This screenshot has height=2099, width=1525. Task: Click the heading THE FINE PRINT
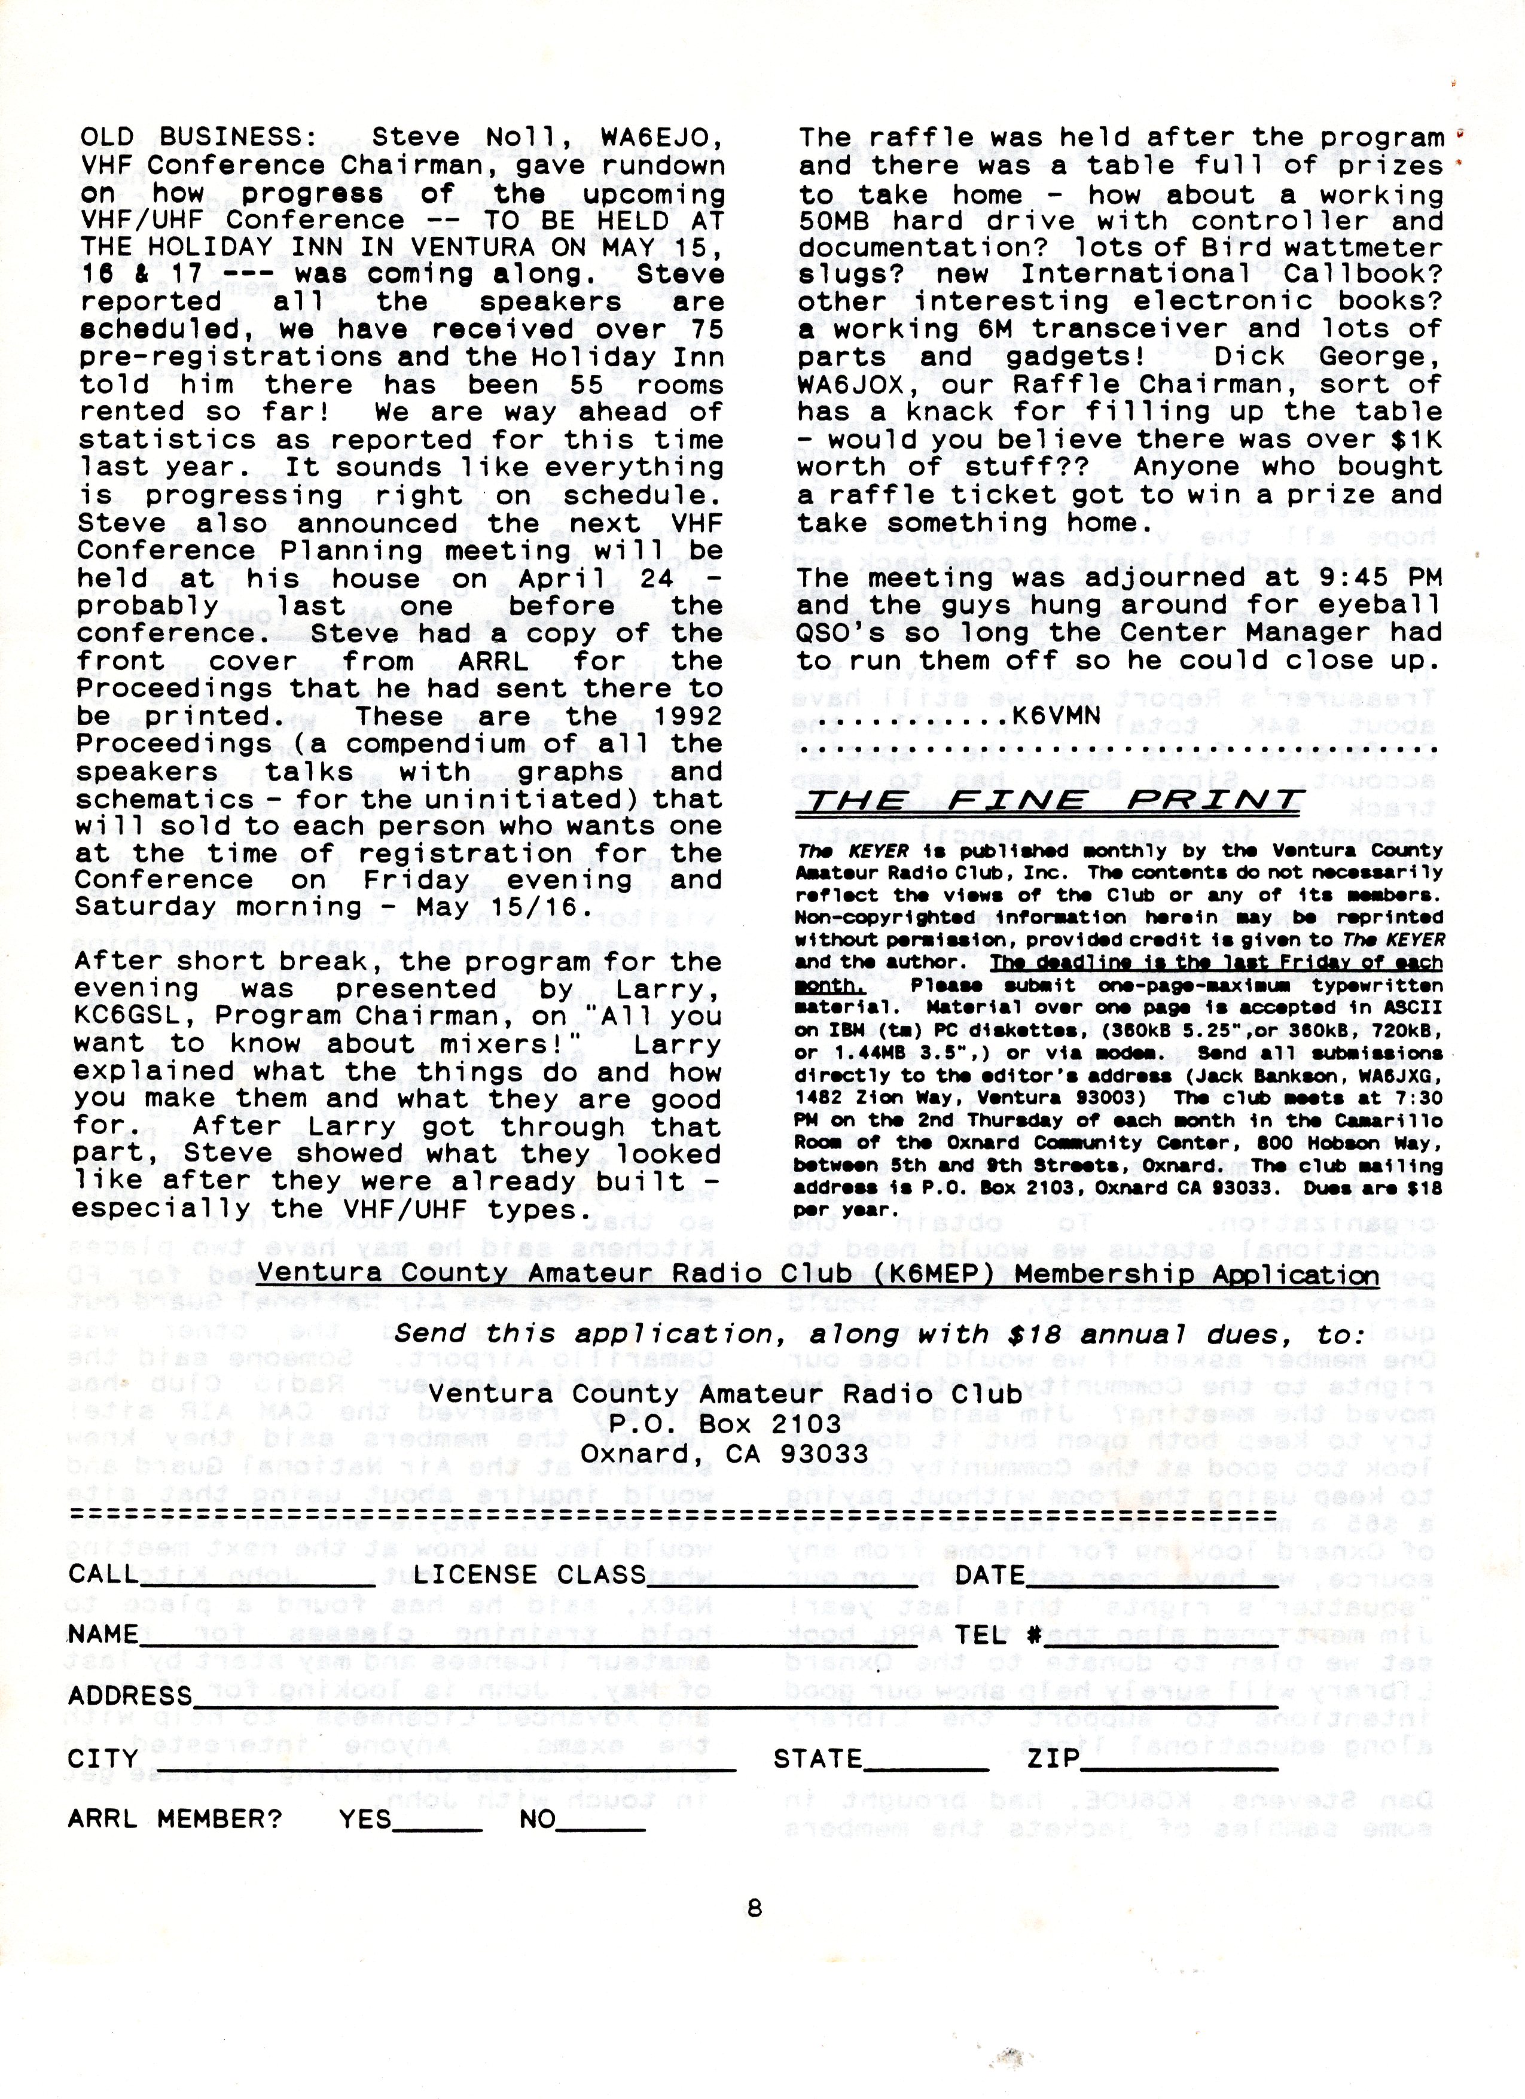pos(1050,802)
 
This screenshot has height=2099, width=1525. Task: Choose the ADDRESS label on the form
pos(130,1695)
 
